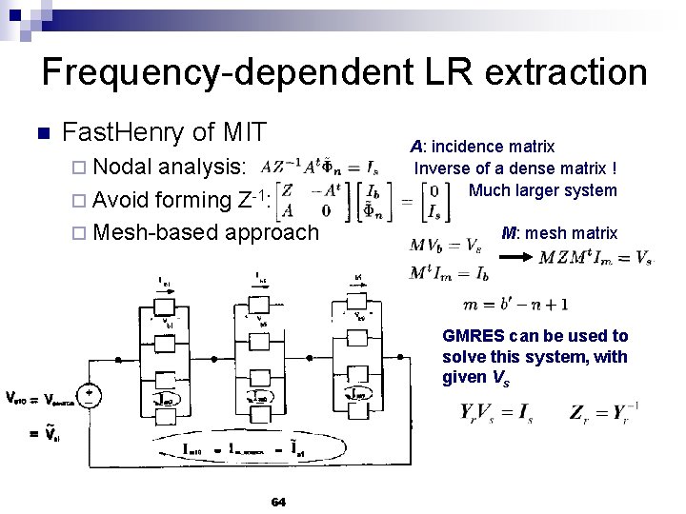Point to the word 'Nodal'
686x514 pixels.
(126, 167)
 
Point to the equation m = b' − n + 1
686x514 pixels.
(514, 305)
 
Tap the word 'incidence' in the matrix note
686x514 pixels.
(467, 147)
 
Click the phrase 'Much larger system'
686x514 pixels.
(543, 190)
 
